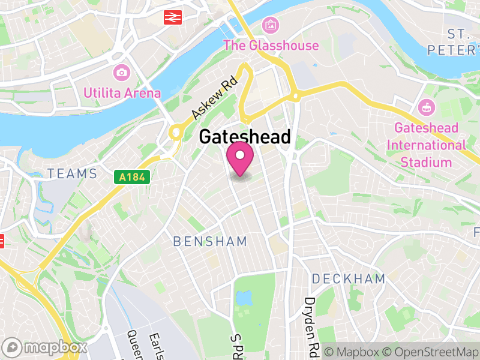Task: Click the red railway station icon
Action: (x=173, y=17)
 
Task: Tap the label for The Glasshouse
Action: (x=271, y=45)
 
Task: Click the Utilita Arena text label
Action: (x=122, y=93)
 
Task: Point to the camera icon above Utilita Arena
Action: (x=122, y=73)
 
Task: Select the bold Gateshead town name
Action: (x=244, y=137)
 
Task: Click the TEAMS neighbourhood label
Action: (x=72, y=174)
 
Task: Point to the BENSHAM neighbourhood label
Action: (x=210, y=242)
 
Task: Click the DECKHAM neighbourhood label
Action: (x=348, y=278)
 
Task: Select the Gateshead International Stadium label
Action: (x=426, y=145)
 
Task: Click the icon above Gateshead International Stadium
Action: (x=427, y=108)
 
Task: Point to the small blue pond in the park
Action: (x=243, y=298)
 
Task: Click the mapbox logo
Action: (x=46, y=347)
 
